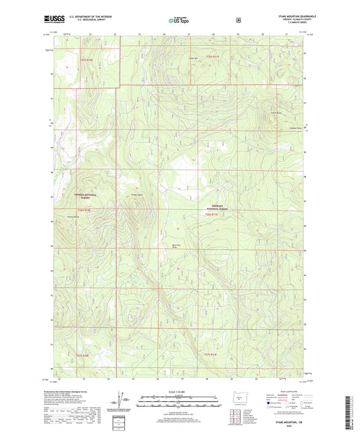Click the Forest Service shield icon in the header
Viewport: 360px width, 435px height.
point(238,21)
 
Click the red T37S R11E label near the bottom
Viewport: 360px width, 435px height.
point(211,353)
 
